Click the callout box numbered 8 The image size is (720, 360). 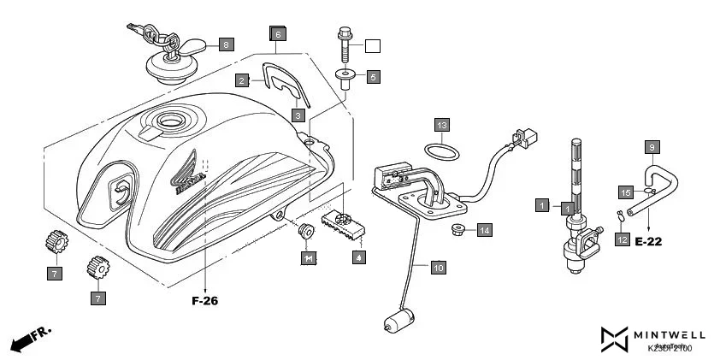[226, 44]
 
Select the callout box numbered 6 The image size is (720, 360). [276, 34]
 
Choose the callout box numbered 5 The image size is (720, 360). [373, 77]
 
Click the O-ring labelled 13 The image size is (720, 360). [440, 152]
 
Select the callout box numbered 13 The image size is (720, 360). [440, 125]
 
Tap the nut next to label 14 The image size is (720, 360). [457, 229]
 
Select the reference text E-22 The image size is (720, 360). [649, 242]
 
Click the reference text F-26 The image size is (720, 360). [206, 301]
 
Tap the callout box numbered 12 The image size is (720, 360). [622, 240]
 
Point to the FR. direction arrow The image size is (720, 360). [30, 339]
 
